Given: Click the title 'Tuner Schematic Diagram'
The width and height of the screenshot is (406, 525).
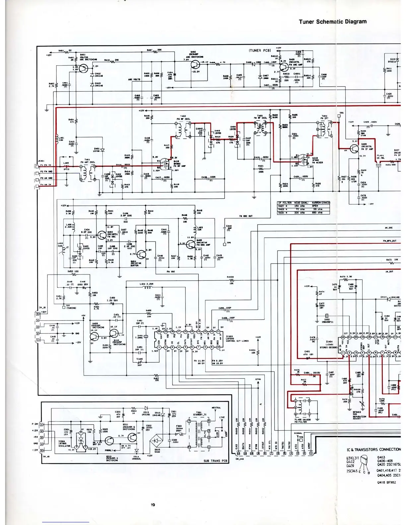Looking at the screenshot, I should coord(332,22).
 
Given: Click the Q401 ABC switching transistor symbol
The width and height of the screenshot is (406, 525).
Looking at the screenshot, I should coord(83,69).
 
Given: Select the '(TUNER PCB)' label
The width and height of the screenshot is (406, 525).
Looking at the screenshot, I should coord(260,51).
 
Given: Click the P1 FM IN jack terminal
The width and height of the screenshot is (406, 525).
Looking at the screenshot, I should coord(37,166).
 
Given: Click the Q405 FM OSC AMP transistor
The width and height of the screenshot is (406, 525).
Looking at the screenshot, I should coord(191,245).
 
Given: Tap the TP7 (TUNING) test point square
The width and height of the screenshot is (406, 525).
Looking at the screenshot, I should coord(64,307).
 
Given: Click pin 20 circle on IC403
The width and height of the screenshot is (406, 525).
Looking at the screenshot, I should coord(159,331).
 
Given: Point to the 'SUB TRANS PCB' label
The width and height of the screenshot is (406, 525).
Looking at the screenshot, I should coord(215,461).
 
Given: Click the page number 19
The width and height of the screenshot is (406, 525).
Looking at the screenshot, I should coord(152,505).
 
